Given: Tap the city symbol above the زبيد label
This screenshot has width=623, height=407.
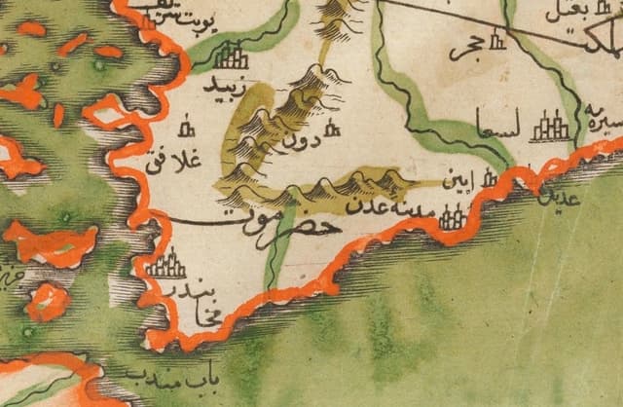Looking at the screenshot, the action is click(x=232, y=55).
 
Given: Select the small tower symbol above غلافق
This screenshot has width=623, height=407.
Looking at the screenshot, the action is click(x=187, y=126).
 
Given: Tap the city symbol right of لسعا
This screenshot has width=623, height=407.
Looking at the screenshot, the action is click(x=553, y=125).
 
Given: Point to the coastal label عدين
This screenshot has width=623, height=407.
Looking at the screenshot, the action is click(x=568, y=196).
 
